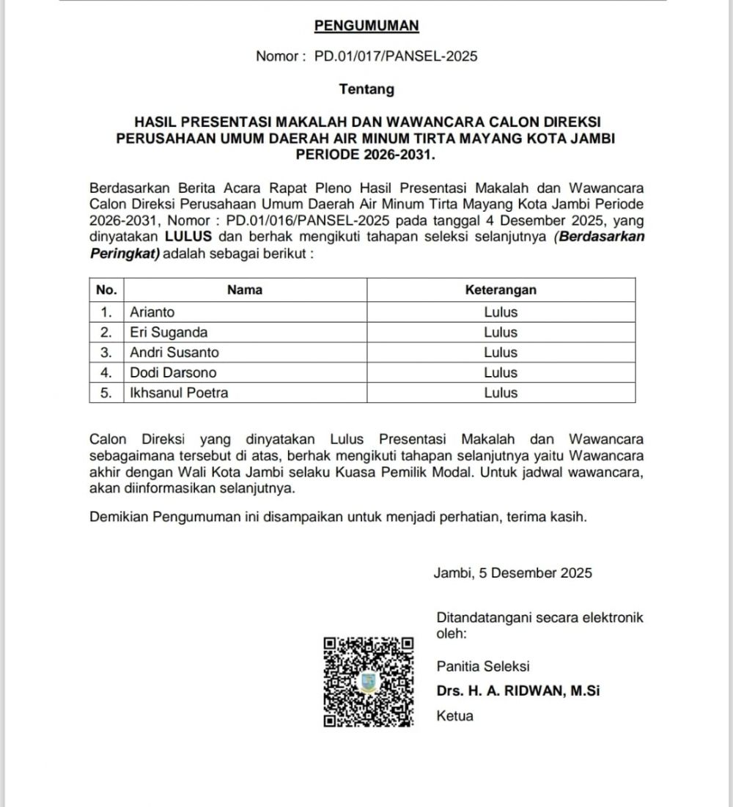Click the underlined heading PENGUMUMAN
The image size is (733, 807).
pyautogui.click(x=366, y=26)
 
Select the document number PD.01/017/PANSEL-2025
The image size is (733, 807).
pyautogui.click(x=396, y=56)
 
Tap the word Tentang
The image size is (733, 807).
pyautogui.click(x=366, y=89)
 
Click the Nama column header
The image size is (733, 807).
pyautogui.click(x=245, y=290)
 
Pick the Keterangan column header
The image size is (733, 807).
pyautogui.click(x=501, y=290)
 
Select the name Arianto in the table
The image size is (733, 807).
pyautogui.click(x=152, y=312)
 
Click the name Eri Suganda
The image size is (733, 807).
pyautogui.click(x=169, y=332)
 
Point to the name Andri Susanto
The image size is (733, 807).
pyautogui.click(x=174, y=353)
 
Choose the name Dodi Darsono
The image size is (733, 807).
pyautogui.click(x=173, y=372)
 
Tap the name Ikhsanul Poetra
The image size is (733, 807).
pyautogui.click(x=179, y=393)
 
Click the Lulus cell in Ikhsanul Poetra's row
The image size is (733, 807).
pyautogui.click(x=501, y=393)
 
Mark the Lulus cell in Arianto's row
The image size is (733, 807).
pyautogui.click(x=501, y=312)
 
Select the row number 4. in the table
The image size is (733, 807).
pyautogui.click(x=106, y=372)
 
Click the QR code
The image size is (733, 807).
pyautogui.click(x=367, y=682)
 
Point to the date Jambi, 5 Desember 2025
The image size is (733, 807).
pyautogui.click(x=513, y=573)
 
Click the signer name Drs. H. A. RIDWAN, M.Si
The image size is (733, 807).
pyautogui.click(x=518, y=690)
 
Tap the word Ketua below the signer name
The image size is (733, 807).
pyautogui.click(x=454, y=716)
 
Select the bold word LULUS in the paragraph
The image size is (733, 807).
pyautogui.click(x=188, y=237)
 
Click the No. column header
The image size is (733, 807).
pyautogui.click(x=106, y=290)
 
